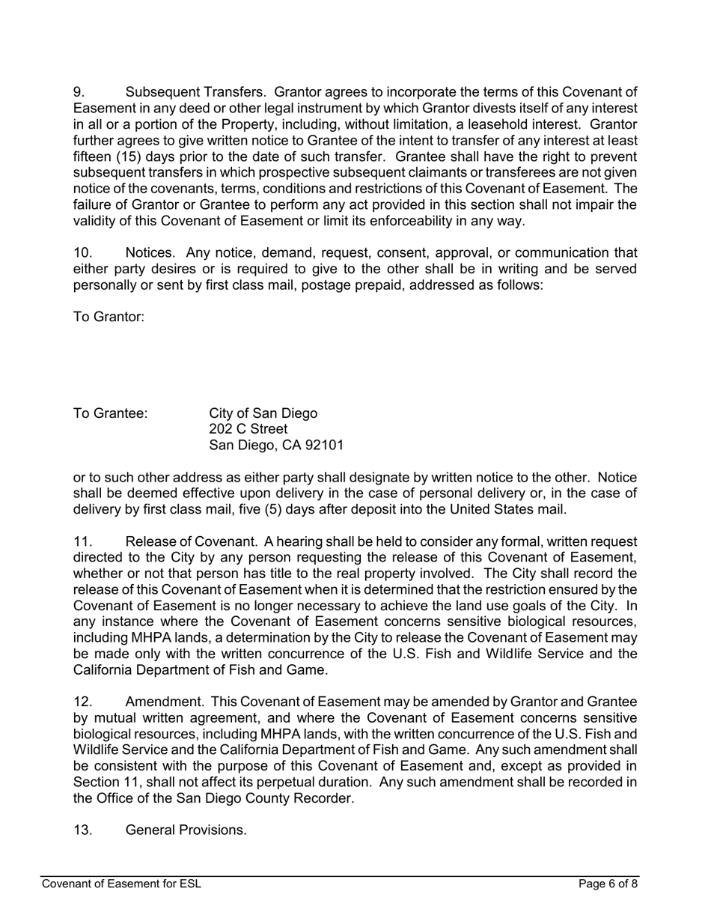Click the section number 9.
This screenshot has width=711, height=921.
tap(79, 92)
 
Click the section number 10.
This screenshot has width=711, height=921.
tap(82, 253)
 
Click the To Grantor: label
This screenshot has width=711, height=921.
tap(108, 317)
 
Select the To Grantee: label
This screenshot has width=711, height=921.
tap(110, 413)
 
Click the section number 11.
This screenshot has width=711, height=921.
tap(82, 541)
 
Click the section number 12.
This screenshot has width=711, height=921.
tap(82, 702)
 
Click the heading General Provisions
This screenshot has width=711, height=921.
tap(186, 830)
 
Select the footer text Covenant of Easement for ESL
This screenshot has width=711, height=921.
tap(121, 884)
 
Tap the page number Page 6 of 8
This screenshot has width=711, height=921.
tap(608, 884)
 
